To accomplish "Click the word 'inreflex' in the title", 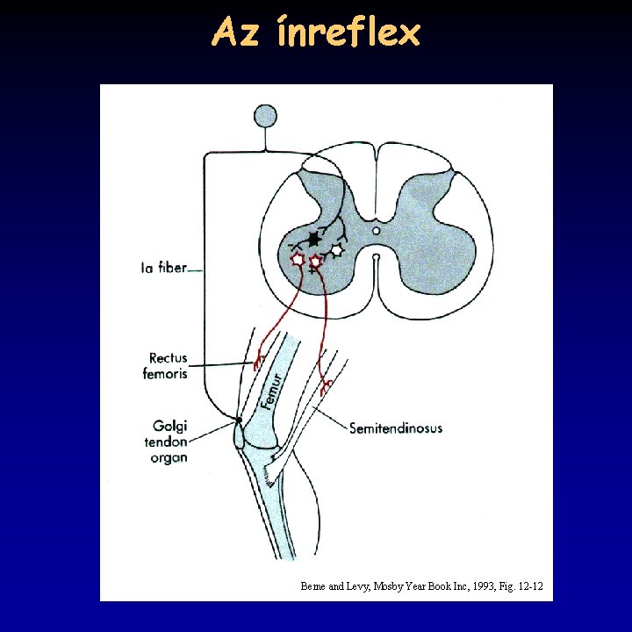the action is pyautogui.click(x=348, y=33).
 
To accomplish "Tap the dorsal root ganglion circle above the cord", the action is pyautogui.click(x=264, y=116).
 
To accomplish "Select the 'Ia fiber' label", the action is pyautogui.click(x=164, y=268).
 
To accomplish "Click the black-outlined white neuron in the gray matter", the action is pyautogui.click(x=336, y=250).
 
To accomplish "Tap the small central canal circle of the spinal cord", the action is pyautogui.click(x=376, y=231).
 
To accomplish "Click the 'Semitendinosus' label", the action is pyautogui.click(x=396, y=428).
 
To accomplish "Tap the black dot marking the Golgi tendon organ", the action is pyautogui.click(x=238, y=420).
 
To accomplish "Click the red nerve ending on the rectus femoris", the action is pyautogui.click(x=258, y=361).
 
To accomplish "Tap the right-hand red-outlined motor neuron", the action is pyautogui.click(x=316, y=261).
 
